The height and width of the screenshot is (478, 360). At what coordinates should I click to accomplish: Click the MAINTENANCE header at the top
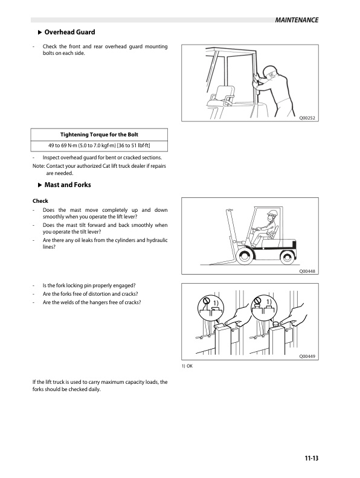tap(295, 20)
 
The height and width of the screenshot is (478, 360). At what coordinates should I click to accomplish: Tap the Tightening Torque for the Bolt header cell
tap(100, 134)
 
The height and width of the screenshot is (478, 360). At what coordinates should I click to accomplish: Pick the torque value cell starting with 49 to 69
tap(100, 145)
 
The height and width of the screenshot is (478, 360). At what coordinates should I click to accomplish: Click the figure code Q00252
tap(308, 119)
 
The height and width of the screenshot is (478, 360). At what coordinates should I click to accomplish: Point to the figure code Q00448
tap(308, 271)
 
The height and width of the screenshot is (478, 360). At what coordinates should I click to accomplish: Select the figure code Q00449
tap(308, 357)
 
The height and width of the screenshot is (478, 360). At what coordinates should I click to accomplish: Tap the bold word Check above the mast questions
tap(40, 201)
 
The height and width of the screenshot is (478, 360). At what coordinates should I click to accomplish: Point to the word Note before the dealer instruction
tap(37, 166)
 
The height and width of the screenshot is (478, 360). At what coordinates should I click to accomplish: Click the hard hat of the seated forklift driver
tap(273, 212)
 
